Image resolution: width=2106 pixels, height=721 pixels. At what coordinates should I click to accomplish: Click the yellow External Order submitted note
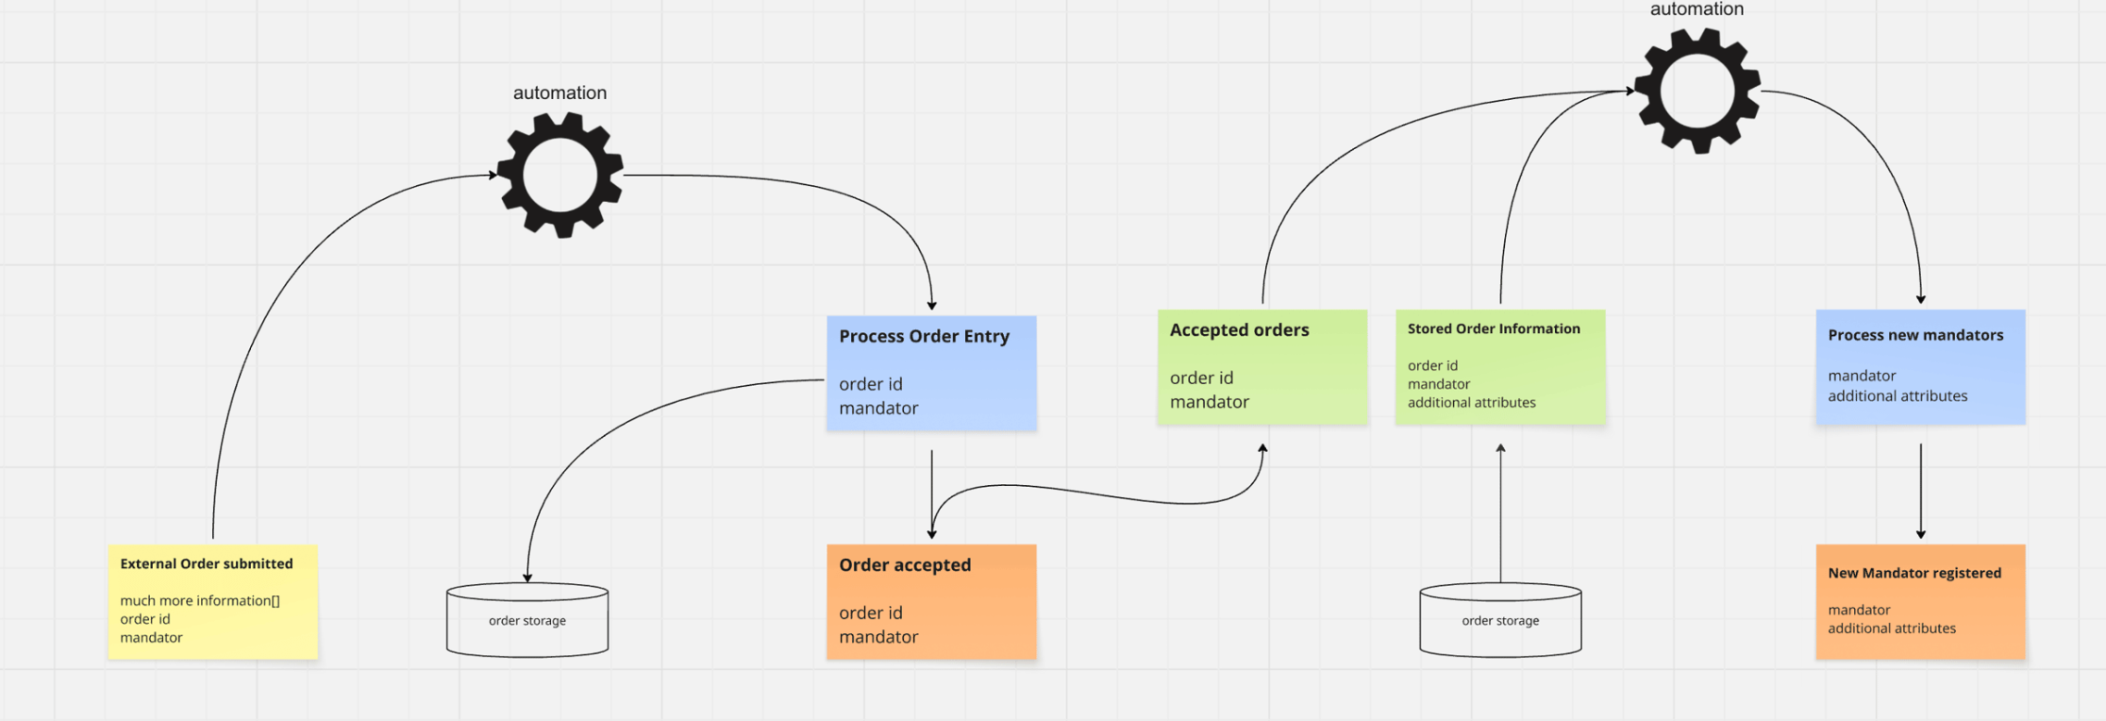coord(212,601)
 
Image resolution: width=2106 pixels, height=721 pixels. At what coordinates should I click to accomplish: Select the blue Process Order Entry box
coord(931,373)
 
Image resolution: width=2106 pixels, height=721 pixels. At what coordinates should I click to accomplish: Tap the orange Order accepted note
coord(931,601)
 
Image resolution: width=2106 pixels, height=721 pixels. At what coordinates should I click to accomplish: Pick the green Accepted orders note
coord(1262,367)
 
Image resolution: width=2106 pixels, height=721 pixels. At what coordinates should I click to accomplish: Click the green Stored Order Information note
coord(1499,367)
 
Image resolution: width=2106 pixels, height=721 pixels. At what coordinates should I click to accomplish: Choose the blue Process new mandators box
coord(1920,366)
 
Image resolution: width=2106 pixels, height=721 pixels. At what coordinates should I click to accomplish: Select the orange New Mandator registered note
coord(1920,601)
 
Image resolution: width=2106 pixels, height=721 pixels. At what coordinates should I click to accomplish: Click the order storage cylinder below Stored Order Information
coord(1500,620)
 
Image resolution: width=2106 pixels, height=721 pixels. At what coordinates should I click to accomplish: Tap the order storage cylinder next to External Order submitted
coord(527,620)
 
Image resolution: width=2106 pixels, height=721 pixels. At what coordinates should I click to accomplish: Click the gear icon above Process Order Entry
coord(560,176)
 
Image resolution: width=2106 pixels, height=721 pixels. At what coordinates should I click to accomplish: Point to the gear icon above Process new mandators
coord(1697,92)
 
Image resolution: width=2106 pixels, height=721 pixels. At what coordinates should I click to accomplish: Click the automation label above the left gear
coord(560,92)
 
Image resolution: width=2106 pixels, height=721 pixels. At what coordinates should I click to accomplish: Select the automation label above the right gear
coord(1696,9)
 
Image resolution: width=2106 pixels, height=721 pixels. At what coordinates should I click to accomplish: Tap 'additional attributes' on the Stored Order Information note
coord(1471,402)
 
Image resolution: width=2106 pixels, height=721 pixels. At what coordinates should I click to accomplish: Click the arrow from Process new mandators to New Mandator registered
coord(1920,491)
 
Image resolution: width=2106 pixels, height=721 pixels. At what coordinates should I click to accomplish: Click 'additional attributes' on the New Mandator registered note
coord(1891,629)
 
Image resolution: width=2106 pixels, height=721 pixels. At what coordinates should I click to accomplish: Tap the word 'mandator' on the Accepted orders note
coord(1209,402)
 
